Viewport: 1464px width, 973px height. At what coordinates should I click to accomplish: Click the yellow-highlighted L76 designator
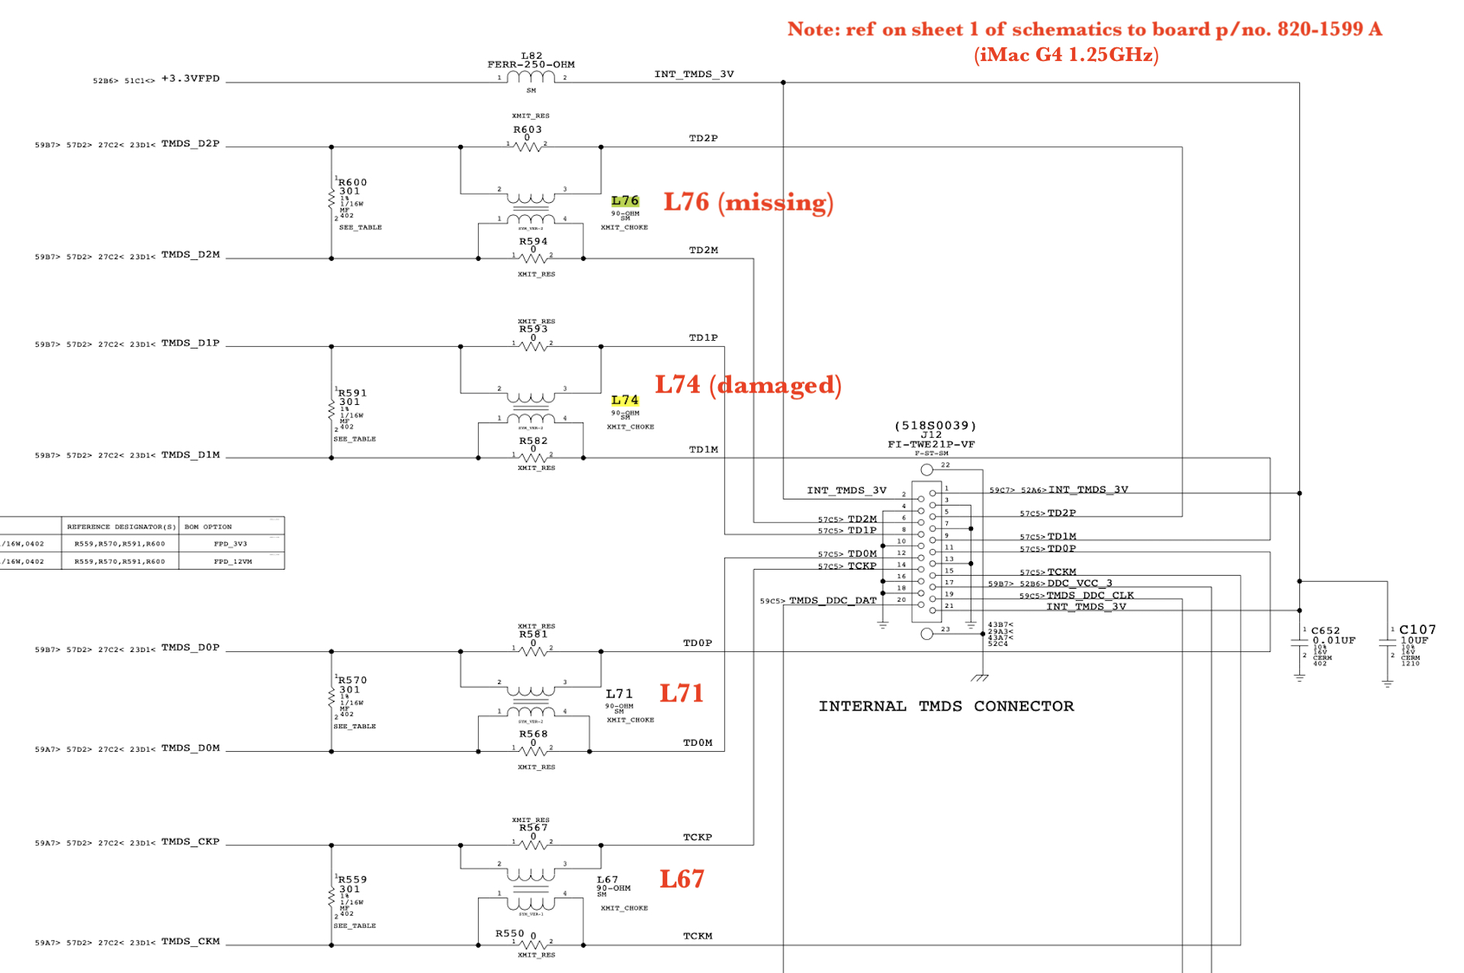pyautogui.click(x=624, y=201)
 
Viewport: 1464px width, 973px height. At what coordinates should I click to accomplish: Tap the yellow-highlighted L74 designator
pyautogui.click(x=624, y=400)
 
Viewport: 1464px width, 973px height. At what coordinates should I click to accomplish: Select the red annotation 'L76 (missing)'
pyautogui.click(x=748, y=202)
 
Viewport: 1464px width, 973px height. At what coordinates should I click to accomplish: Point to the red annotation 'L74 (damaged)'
pyautogui.click(x=748, y=385)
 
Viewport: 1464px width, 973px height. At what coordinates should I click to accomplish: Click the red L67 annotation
pyautogui.click(x=682, y=879)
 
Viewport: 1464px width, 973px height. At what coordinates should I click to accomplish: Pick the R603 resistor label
pyautogui.click(x=527, y=129)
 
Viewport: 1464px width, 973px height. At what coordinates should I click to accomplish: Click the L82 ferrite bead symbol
pyautogui.click(x=531, y=77)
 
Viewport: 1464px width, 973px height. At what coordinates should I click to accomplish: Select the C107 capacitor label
pyautogui.click(x=1417, y=629)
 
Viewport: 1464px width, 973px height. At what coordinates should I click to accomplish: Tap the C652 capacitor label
pyautogui.click(x=1325, y=631)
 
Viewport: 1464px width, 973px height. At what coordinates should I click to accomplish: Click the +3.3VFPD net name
pyautogui.click(x=191, y=79)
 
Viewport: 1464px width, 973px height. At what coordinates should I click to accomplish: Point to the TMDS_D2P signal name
pyautogui.click(x=191, y=143)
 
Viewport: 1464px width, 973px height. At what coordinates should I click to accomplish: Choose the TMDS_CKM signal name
pyautogui.click(x=191, y=941)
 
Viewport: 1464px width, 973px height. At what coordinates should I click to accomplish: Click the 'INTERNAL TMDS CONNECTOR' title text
pyautogui.click(x=946, y=706)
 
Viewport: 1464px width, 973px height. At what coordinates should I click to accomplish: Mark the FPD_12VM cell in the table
pyautogui.click(x=233, y=561)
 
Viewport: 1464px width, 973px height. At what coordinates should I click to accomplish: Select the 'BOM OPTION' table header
pyautogui.click(x=208, y=526)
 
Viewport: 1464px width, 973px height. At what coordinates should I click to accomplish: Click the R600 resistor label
pyautogui.click(x=353, y=182)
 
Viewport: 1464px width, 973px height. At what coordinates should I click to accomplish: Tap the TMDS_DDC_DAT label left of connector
pyautogui.click(x=833, y=600)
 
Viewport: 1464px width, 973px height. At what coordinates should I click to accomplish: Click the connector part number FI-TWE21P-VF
pyautogui.click(x=931, y=444)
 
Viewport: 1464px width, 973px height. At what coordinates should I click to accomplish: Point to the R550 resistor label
pyautogui.click(x=509, y=933)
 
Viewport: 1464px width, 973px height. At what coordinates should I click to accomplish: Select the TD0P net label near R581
pyautogui.click(x=698, y=643)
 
